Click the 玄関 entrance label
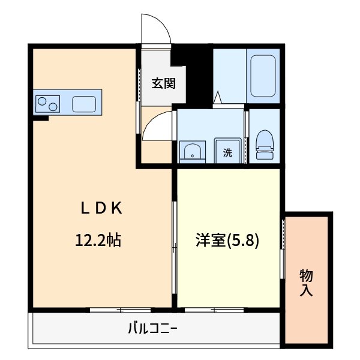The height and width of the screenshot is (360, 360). click(x=163, y=83)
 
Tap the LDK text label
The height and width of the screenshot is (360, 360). click(x=102, y=208)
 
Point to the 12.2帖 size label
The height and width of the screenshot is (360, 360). click(x=98, y=241)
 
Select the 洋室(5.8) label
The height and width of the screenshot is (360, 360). click(x=226, y=241)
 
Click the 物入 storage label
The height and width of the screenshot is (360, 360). click(x=306, y=283)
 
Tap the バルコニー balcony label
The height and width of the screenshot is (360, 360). click(x=152, y=328)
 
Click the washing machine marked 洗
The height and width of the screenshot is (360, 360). click(x=228, y=152)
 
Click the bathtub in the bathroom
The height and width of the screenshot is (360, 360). click(x=262, y=76)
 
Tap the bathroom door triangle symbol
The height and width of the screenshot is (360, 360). click(x=217, y=97)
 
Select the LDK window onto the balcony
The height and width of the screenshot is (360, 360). click(x=120, y=310)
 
